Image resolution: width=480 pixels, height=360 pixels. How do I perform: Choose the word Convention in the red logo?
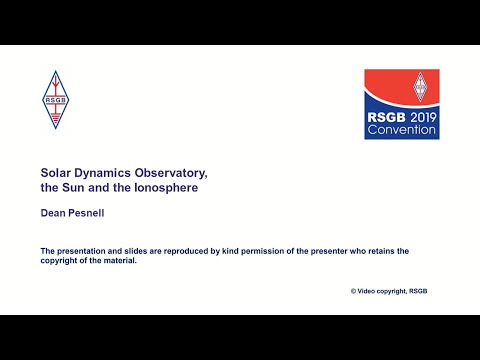tap(401, 130)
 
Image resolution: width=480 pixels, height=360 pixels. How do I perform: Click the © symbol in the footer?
tap(354, 291)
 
